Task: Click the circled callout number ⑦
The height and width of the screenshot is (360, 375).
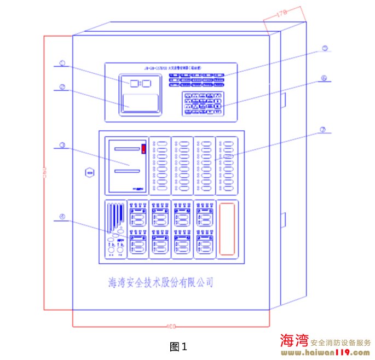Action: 323,130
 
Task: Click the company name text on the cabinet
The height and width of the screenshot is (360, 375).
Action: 161,282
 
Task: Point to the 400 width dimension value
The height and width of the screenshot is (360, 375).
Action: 171,328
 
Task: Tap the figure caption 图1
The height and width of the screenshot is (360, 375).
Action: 178,346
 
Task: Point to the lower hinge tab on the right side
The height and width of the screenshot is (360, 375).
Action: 284,219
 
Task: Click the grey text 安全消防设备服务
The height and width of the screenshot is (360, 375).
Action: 341,342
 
